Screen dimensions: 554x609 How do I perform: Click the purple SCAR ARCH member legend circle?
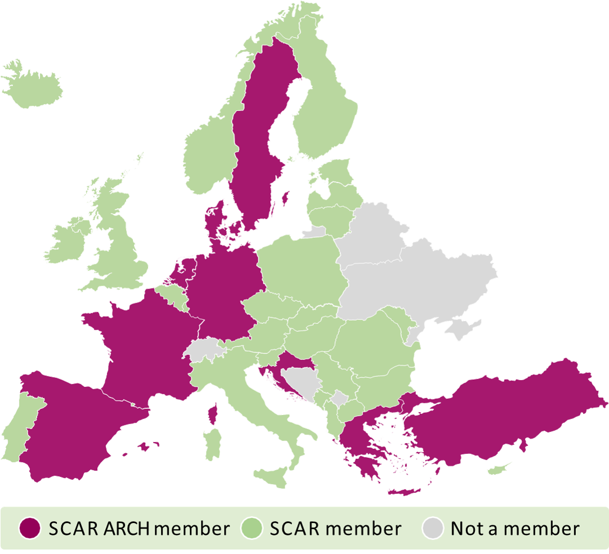(30, 529)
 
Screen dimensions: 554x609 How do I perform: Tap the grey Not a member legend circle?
(432, 529)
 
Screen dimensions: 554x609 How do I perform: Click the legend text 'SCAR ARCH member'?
(139, 529)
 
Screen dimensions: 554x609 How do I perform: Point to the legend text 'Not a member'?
(514, 529)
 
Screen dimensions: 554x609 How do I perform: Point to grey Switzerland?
(203, 349)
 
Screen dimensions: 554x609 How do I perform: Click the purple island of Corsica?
(213, 414)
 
